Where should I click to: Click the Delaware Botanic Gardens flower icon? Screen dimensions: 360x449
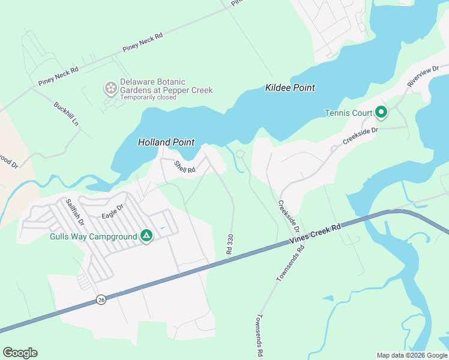[x=111, y=89]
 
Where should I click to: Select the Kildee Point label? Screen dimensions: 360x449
[x=290, y=88]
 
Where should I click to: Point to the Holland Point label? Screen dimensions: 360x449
[x=166, y=142]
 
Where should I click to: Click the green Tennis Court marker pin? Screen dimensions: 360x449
[x=381, y=112]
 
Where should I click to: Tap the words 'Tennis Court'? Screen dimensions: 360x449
[x=349, y=113]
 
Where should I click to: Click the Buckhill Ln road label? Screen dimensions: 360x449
[x=67, y=113]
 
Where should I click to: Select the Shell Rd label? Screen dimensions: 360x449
[x=185, y=167]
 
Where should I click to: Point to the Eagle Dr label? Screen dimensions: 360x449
[x=112, y=211]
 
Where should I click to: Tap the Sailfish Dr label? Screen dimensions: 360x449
[x=75, y=212]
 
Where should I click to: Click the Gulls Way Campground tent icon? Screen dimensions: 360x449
[x=146, y=236]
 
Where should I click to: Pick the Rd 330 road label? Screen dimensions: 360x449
[x=229, y=244]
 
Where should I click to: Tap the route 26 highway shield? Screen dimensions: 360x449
[x=100, y=299]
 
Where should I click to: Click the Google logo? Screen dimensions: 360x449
[x=20, y=353]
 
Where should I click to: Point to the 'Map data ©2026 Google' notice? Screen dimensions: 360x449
[x=411, y=355]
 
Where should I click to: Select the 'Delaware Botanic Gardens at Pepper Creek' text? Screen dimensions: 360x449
[x=166, y=86]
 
